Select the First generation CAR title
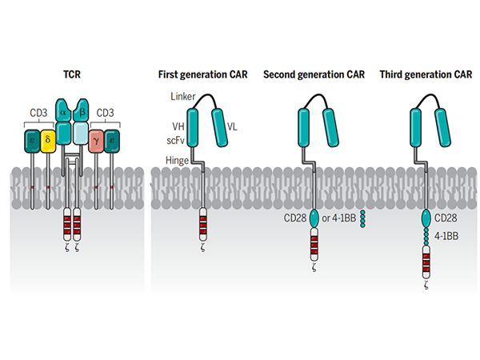[x=201, y=77]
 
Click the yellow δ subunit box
[x=46, y=141]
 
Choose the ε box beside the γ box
[x=113, y=141]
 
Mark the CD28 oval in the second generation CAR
[x=314, y=217]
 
